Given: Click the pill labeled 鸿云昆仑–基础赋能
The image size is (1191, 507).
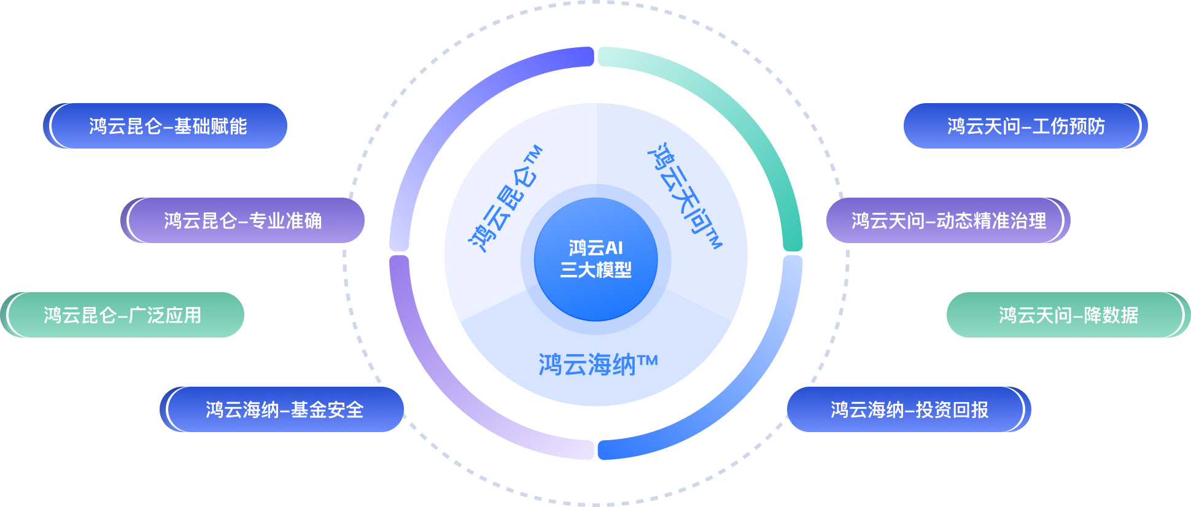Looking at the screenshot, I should (x=166, y=126).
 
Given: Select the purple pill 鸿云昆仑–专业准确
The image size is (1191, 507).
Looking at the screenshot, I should (x=243, y=220).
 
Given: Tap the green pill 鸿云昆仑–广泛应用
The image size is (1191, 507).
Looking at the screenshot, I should (x=123, y=315).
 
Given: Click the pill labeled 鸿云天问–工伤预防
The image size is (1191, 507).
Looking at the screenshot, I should (x=1025, y=126).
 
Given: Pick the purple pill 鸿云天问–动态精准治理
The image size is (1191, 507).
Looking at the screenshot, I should (x=948, y=220).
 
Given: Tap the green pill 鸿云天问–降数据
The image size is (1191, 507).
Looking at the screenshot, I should (x=1068, y=315).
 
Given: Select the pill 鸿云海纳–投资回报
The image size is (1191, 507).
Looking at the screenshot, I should (x=909, y=409).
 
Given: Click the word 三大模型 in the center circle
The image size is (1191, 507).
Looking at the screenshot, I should (x=595, y=270).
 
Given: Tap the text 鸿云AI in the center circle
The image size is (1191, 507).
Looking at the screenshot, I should (x=595, y=248).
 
